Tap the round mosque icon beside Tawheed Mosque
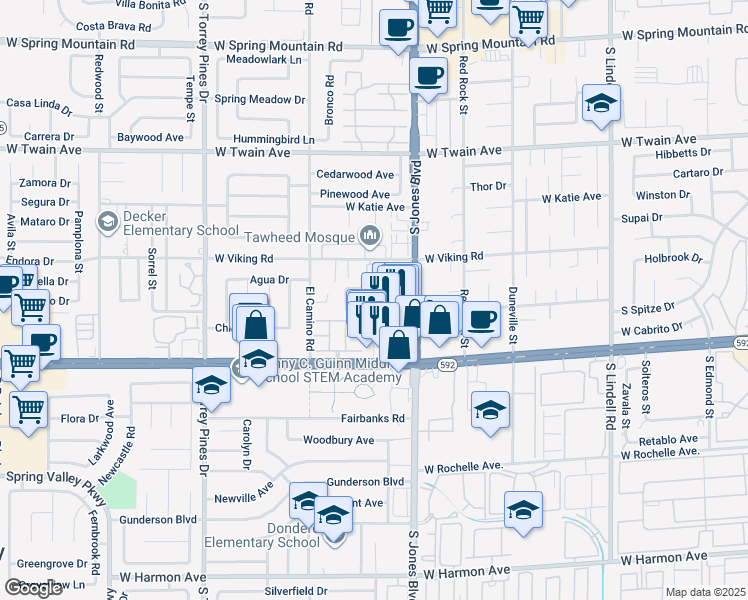tap(371, 237)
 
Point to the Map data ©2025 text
tap(706, 592)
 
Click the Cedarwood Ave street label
tap(355, 174)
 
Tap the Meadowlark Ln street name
tap(263, 60)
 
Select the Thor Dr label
tap(488, 186)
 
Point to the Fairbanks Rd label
tap(371, 418)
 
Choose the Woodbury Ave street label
tap(338, 440)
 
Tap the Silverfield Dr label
tap(296, 591)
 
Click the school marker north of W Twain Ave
tap(602, 104)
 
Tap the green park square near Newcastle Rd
tap(121, 490)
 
